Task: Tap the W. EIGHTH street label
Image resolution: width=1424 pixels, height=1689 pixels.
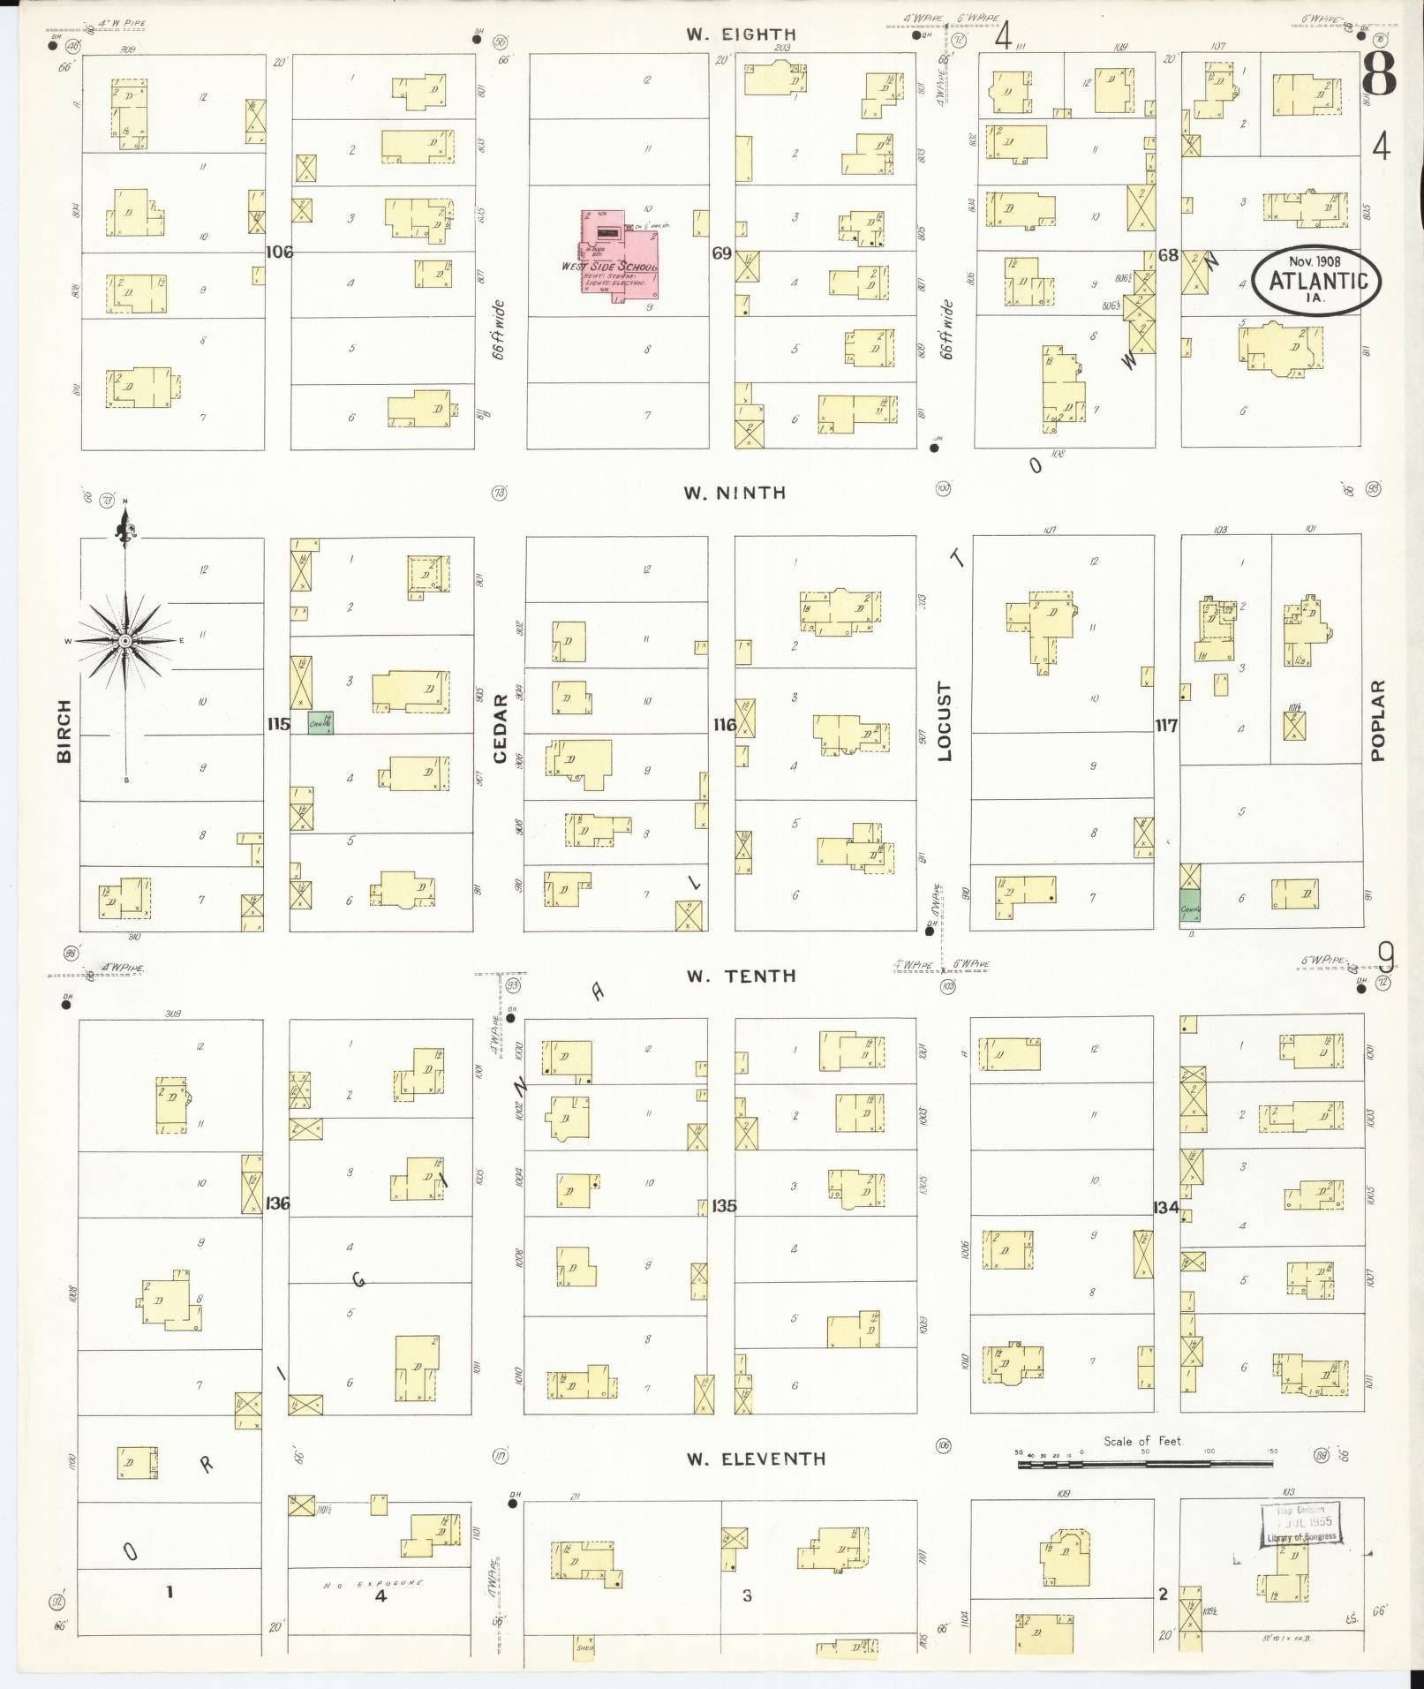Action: tap(742, 34)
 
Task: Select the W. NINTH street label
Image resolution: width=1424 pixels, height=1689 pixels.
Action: tap(735, 493)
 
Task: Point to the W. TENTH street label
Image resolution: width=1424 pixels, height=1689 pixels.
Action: tap(742, 976)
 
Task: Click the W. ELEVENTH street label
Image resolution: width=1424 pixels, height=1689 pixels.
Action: tap(757, 1459)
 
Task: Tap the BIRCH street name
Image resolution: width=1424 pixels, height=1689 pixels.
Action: tap(64, 730)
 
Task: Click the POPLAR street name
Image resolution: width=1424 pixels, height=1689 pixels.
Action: tap(1378, 720)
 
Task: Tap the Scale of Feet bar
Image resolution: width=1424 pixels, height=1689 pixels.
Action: tap(1144, 1464)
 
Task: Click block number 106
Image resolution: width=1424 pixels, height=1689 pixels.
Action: tap(278, 253)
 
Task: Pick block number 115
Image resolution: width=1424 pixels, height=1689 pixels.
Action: tap(278, 724)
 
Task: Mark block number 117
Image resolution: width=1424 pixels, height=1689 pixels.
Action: tap(1166, 726)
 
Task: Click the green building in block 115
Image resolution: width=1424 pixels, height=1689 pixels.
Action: tap(320, 723)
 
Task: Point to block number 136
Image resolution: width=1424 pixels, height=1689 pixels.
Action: tap(278, 1203)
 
